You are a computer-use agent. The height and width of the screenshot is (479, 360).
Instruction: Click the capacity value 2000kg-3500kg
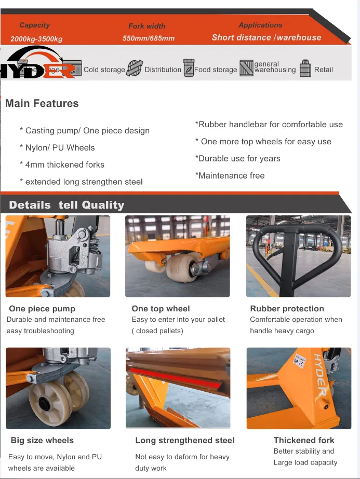[36, 39]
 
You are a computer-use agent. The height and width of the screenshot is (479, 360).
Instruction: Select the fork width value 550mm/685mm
[148, 38]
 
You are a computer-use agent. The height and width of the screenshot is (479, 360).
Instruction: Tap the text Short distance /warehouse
[266, 37]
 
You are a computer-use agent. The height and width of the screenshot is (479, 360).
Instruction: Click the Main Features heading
[42, 103]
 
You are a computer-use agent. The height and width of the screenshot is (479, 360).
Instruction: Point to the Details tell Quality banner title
[66, 204]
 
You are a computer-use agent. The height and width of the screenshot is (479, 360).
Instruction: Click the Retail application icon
[305, 69]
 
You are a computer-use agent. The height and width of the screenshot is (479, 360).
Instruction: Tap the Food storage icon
[189, 69]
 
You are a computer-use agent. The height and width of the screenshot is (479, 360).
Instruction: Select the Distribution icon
[135, 69]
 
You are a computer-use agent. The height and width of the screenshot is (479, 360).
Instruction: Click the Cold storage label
[104, 70]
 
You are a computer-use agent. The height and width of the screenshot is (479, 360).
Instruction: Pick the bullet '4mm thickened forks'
[64, 165]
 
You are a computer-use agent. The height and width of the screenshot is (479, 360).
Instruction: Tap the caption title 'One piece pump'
[42, 309]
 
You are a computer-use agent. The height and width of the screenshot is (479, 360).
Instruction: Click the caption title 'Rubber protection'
[287, 309]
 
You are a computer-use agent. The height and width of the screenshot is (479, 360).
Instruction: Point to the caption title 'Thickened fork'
[304, 440]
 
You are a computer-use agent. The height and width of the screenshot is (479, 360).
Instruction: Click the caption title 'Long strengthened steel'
[184, 440]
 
